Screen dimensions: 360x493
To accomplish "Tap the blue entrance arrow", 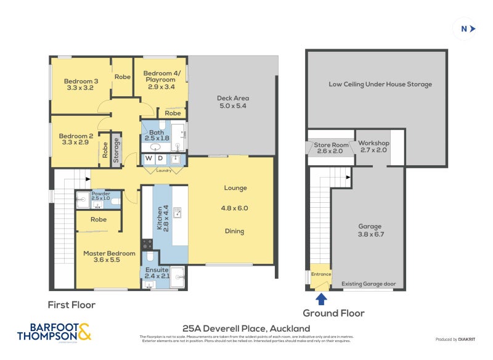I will pyautogui.click(x=320, y=299).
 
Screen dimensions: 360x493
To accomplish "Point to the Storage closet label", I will pyautogui.click(x=116, y=149).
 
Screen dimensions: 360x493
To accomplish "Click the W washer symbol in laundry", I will pyautogui.click(x=149, y=159).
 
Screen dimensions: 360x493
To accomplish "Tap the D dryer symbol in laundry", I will pyautogui.click(x=160, y=159).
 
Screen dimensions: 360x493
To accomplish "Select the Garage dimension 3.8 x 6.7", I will pyautogui.click(x=370, y=234).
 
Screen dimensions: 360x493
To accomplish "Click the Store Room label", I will pyautogui.click(x=330, y=147).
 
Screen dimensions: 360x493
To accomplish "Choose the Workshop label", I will pyautogui.click(x=373, y=147).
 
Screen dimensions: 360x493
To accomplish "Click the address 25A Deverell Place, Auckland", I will pyautogui.click(x=246, y=329).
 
